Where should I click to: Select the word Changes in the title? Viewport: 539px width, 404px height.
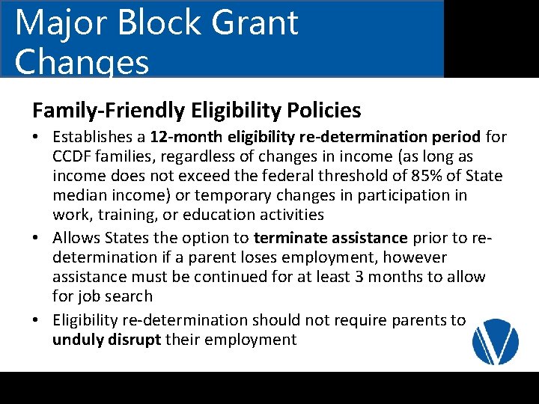point(82,63)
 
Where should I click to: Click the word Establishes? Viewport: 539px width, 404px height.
point(98,138)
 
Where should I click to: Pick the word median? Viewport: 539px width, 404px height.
point(81,196)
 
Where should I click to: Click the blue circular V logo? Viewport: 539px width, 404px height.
point(496,341)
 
